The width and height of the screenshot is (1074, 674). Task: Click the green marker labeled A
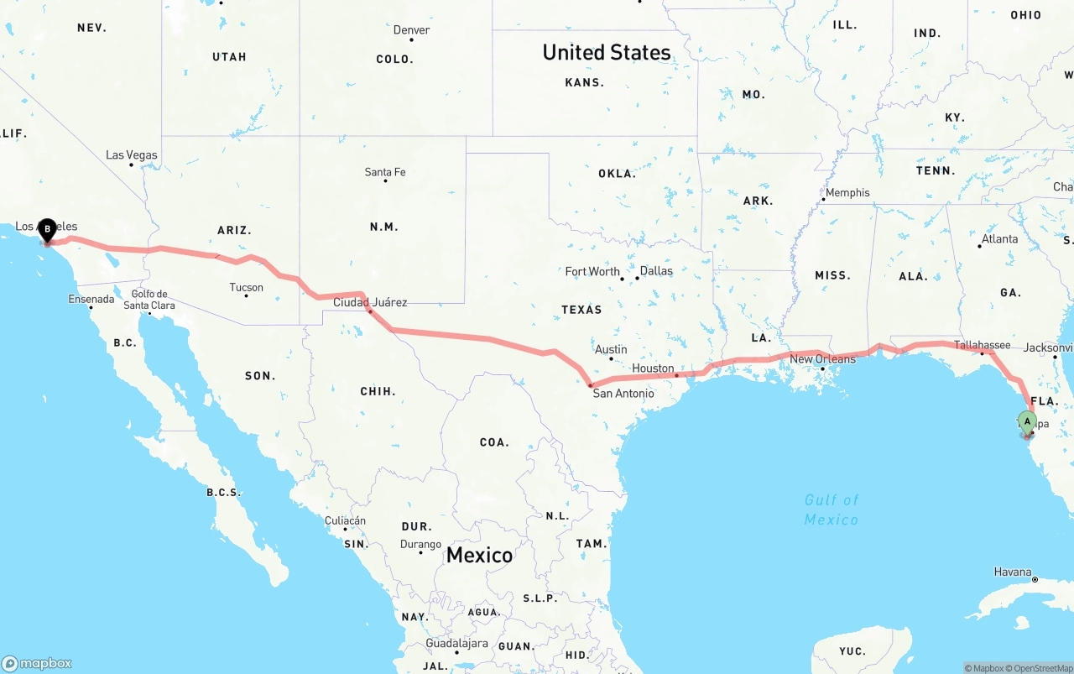[x=1027, y=421]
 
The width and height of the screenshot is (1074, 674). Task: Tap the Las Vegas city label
[x=132, y=155]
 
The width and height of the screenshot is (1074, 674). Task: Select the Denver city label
[x=411, y=30]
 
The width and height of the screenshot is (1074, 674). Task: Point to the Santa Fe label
[x=385, y=172]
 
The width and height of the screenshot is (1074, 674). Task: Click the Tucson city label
[x=246, y=287]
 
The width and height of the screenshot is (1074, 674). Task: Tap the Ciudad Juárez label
[x=370, y=302]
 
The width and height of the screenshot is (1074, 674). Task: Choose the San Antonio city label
[x=623, y=393]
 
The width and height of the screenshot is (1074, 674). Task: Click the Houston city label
[x=653, y=368]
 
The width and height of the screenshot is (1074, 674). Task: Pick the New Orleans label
[x=822, y=359]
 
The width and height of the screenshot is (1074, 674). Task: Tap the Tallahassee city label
[x=982, y=345]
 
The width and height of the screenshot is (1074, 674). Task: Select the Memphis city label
[x=847, y=193]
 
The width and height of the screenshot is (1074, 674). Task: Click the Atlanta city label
[x=999, y=239]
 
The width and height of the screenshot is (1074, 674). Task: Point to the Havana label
[x=1013, y=572]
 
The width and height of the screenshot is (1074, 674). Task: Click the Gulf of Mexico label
[x=832, y=509]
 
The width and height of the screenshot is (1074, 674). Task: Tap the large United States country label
[x=606, y=52]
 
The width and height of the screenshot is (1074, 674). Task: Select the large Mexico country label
[x=479, y=555]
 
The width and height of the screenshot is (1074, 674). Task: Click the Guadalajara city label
[x=456, y=644]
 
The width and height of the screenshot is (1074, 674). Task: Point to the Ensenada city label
[x=91, y=300]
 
